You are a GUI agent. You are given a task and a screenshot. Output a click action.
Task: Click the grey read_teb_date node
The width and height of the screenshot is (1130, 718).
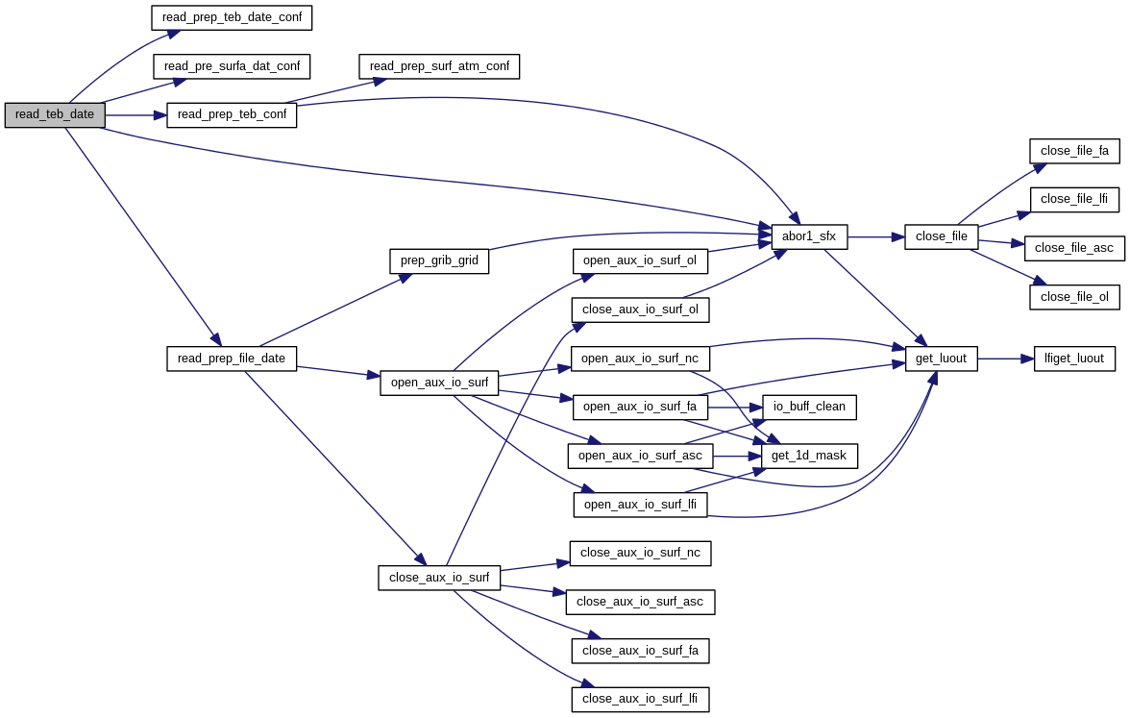pos(54,114)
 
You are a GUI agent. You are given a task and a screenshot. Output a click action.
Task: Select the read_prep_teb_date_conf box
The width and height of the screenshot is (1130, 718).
pos(233,17)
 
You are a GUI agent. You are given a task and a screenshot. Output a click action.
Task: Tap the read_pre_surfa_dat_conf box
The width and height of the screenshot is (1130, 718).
pos(232,66)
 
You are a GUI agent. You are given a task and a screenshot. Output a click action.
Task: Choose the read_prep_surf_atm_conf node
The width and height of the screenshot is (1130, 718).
pos(439,66)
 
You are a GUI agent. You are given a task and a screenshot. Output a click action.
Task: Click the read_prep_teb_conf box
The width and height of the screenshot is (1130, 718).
pos(232,114)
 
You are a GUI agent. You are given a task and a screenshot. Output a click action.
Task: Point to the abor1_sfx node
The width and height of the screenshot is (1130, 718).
pos(809,236)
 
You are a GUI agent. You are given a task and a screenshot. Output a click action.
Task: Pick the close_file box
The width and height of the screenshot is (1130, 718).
pos(942,236)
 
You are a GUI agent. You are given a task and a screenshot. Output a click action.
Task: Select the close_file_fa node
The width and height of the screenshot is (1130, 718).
pos(1074,151)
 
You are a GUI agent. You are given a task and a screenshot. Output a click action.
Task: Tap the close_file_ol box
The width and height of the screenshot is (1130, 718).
pos(1074,297)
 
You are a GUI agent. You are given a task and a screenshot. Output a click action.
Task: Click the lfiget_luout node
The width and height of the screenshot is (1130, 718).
pos(1074,359)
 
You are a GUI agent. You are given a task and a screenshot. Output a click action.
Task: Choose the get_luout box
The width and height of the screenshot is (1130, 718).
pos(942,359)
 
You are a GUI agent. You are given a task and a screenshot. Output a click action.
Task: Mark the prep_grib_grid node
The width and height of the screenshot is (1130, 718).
pos(439,260)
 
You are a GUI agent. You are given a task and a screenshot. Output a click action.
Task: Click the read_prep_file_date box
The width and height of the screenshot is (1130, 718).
pos(232,359)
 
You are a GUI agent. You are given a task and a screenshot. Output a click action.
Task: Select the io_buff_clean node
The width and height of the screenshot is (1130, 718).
pos(809,407)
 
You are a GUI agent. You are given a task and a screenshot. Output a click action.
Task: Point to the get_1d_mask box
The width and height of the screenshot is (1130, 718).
pos(809,456)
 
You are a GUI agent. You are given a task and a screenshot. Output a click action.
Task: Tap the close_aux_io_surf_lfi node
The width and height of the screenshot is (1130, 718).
pos(640,700)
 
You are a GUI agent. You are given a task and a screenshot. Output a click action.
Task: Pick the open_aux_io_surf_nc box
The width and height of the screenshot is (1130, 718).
pos(640,359)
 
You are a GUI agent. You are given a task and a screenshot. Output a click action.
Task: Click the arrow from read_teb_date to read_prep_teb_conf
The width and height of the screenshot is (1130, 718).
pos(135,115)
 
